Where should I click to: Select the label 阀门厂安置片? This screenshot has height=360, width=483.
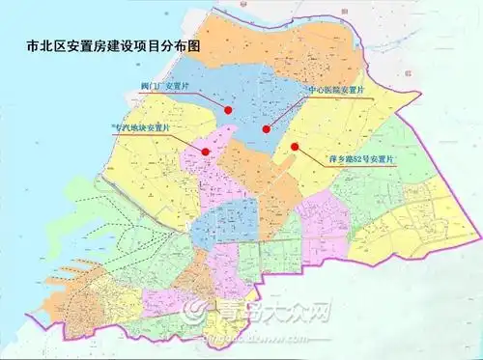pyautogui.click(x=166, y=88)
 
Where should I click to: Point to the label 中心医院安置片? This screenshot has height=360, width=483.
pyautogui.click(x=334, y=90)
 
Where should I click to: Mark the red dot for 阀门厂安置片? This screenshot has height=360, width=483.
pyautogui.click(x=228, y=110)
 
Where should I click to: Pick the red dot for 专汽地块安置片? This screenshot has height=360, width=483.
pyautogui.click(x=205, y=151)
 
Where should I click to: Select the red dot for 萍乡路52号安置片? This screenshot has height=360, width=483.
pyautogui.click(x=295, y=148)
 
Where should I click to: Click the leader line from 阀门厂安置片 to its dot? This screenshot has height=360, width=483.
pyautogui.click(x=208, y=100)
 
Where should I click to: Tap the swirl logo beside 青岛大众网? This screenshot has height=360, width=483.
pyautogui.click(x=196, y=311)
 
